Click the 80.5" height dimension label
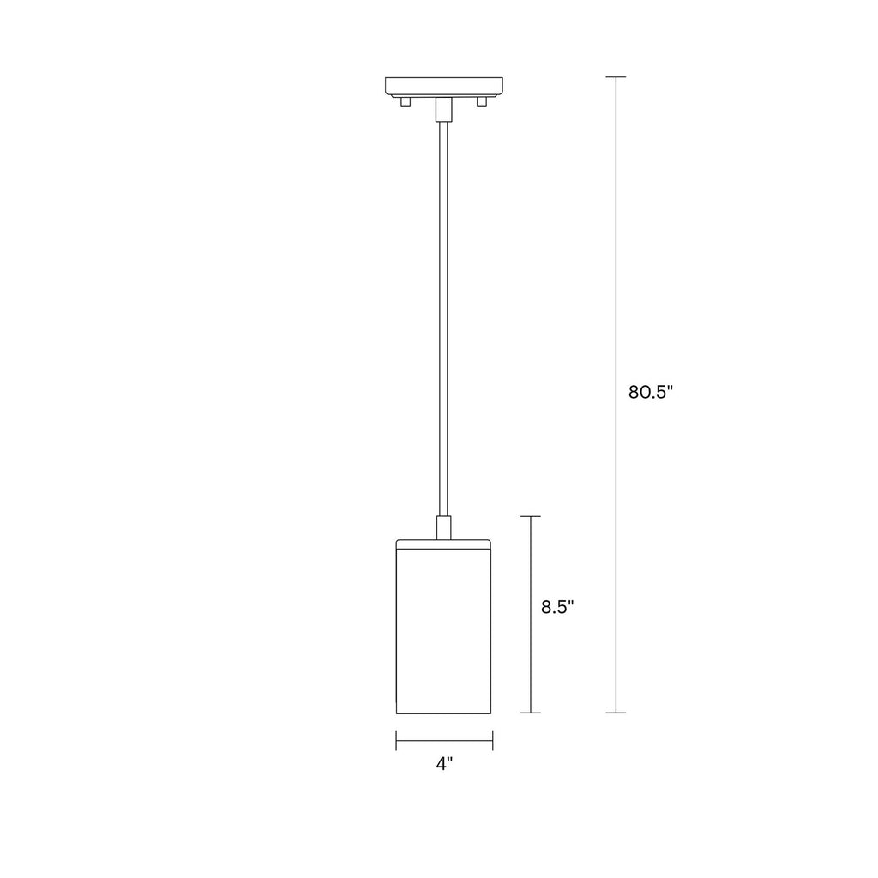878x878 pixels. pyautogui.click(x=650, y=392)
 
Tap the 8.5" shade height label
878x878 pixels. pyautogui.click(x=557, y=607)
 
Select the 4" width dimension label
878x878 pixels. pyautogui.click(x=444, y=764)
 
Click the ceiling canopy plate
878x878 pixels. pyautogui.click(x=444, y=87)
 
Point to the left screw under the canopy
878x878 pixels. pyautogui.click(x=406, y=102)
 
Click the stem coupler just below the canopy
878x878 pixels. pyautogui.click(x=443, y=109)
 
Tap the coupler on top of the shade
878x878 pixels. pyautogui.click(x=443, y=527)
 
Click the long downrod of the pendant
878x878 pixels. pyautogui.click(x=443, y=318)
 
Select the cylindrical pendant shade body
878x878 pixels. pyautogui.click(x=443, y=632)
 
